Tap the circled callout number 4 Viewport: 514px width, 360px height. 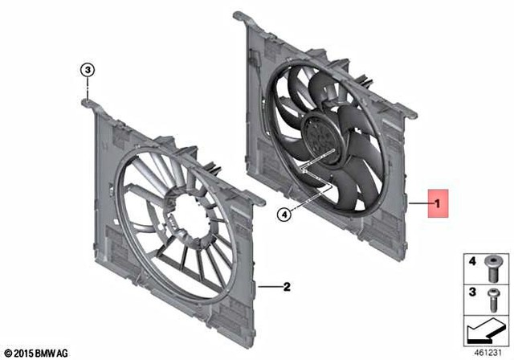point(284,214)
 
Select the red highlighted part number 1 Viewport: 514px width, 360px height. point(437,207)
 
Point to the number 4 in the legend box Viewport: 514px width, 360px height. point(472,262)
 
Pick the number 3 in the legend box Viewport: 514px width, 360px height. point(472,290)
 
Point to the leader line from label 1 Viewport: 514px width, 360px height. point(418,207)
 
